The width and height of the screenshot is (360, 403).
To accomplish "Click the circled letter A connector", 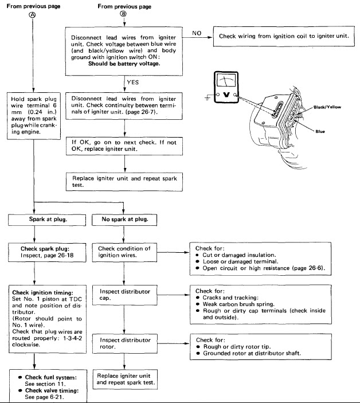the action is click(x=33, y=15).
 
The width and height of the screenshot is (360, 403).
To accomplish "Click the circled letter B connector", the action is click(x=124, y=14).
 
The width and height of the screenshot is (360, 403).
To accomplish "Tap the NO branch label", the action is click(x=197, y=33).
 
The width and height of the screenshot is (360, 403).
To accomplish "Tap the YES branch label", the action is click(x=132, y=82).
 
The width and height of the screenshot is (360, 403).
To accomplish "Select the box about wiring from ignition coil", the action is click(x=284, y=36).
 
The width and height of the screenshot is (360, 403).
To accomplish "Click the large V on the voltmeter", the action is click(x=226, y=95).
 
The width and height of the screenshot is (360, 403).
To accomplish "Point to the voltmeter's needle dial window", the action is click(x=226, y=80).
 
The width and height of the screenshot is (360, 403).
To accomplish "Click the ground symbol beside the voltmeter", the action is click(x=208, y=98).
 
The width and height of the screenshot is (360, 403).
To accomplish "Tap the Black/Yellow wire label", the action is click(x=327, y=107).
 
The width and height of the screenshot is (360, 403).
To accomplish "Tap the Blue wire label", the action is click(x=320, y=131).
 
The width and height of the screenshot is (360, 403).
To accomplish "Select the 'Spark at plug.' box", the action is click(x=47, y=220).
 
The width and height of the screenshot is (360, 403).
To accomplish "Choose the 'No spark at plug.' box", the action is click(x=124, y=220).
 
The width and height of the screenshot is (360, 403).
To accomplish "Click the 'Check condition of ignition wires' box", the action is click(x=124, y=252).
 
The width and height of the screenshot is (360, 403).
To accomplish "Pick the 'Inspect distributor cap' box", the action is click(x=124, y=295).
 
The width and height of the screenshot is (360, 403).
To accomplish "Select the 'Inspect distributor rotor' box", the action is click(x=124, y=343).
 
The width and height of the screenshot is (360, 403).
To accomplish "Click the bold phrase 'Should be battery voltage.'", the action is click(x=124, y=64).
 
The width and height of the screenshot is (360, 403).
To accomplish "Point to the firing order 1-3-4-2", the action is click(x=73, y=338).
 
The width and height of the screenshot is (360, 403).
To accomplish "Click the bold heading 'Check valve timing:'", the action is click(x=52, y=390).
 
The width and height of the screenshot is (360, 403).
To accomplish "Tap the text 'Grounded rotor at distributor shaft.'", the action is click(x=252, y=353).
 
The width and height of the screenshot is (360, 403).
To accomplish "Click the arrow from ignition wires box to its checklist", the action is click(x=173, y=252).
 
